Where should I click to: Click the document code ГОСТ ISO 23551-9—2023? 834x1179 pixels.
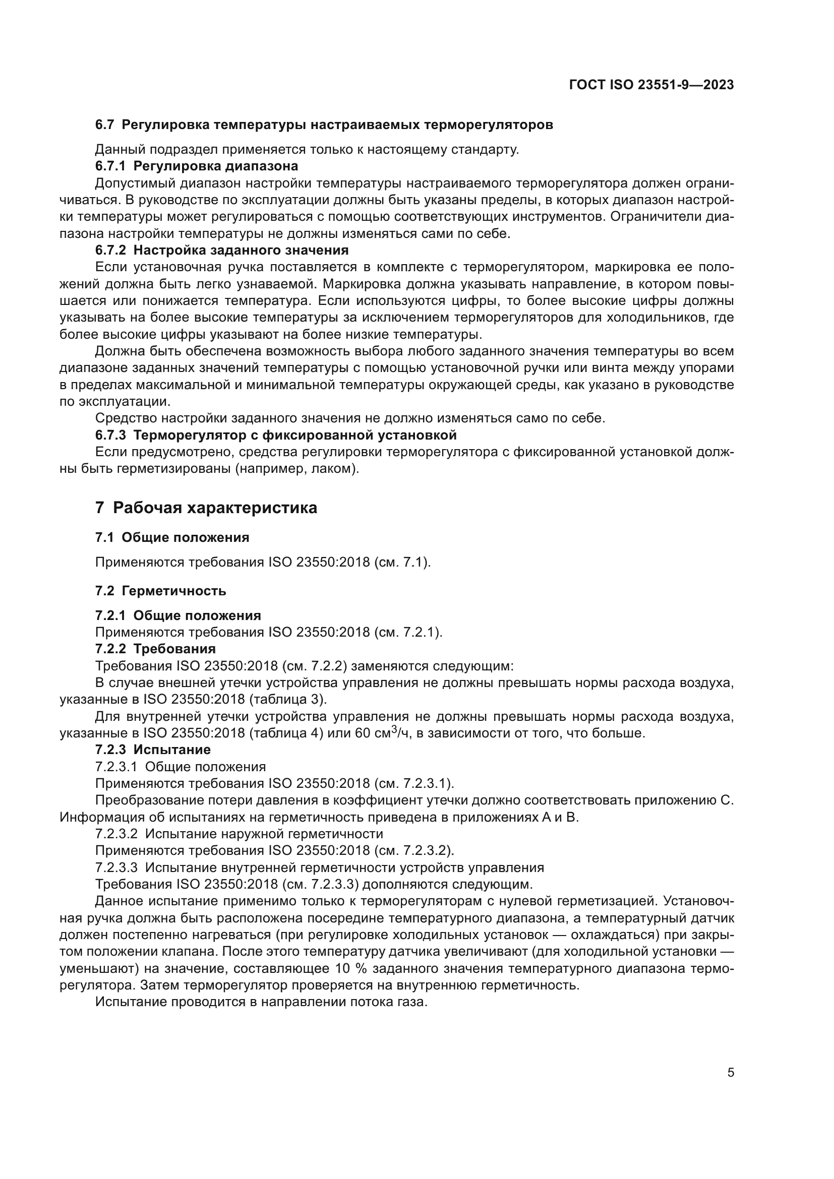click(651, 85)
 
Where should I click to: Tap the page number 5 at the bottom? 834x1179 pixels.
click(730, 1073)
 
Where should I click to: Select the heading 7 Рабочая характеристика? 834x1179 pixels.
click(206, 508)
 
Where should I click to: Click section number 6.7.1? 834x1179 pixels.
click(110, 166)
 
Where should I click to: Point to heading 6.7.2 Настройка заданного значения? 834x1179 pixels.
click(222, 250)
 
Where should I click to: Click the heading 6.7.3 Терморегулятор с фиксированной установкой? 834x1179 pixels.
click(276, 436)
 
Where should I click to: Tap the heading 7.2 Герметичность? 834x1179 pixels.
click(160, 591)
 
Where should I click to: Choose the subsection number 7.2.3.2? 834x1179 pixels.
click(116, 834)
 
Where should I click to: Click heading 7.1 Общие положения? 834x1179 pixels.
click(172, 538)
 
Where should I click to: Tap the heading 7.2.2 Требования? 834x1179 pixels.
click(155, 649)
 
